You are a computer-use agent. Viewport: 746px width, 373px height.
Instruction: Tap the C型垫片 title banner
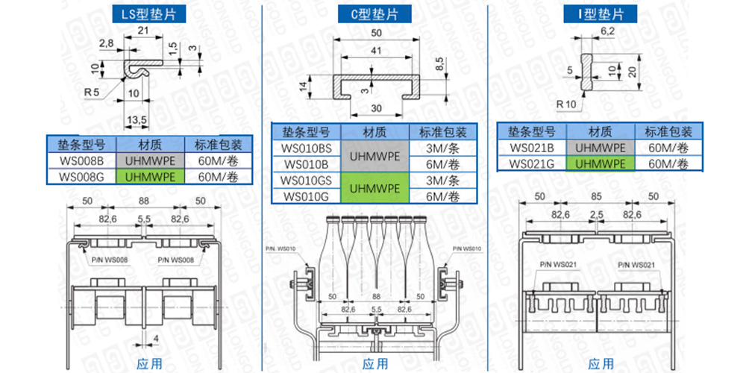tap(374, 13)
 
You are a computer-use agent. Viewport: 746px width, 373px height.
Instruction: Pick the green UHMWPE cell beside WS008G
tap(149, 177)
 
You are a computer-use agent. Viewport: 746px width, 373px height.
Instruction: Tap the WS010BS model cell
tap(306, 147)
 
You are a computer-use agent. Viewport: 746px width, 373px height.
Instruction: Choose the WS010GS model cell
tap(306, 180)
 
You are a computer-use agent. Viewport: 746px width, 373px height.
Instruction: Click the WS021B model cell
tap(532, 147)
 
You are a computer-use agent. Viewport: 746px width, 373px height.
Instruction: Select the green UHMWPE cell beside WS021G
tap(601, 163)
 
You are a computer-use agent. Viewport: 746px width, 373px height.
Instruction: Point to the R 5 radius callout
tap(93, 92)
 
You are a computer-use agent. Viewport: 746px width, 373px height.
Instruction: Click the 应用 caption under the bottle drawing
tap(375, 364)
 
